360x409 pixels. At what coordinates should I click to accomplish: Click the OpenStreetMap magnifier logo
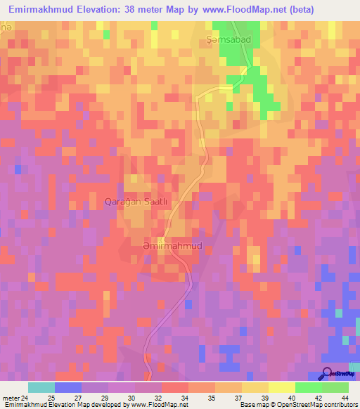point(328,373)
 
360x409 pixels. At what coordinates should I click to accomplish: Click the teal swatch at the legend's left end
point(41,387)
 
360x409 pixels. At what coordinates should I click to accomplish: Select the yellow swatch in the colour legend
point(255,387)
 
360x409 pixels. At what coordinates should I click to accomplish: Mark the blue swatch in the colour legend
point(68,387)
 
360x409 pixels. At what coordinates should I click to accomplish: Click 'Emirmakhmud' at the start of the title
point(39,9)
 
